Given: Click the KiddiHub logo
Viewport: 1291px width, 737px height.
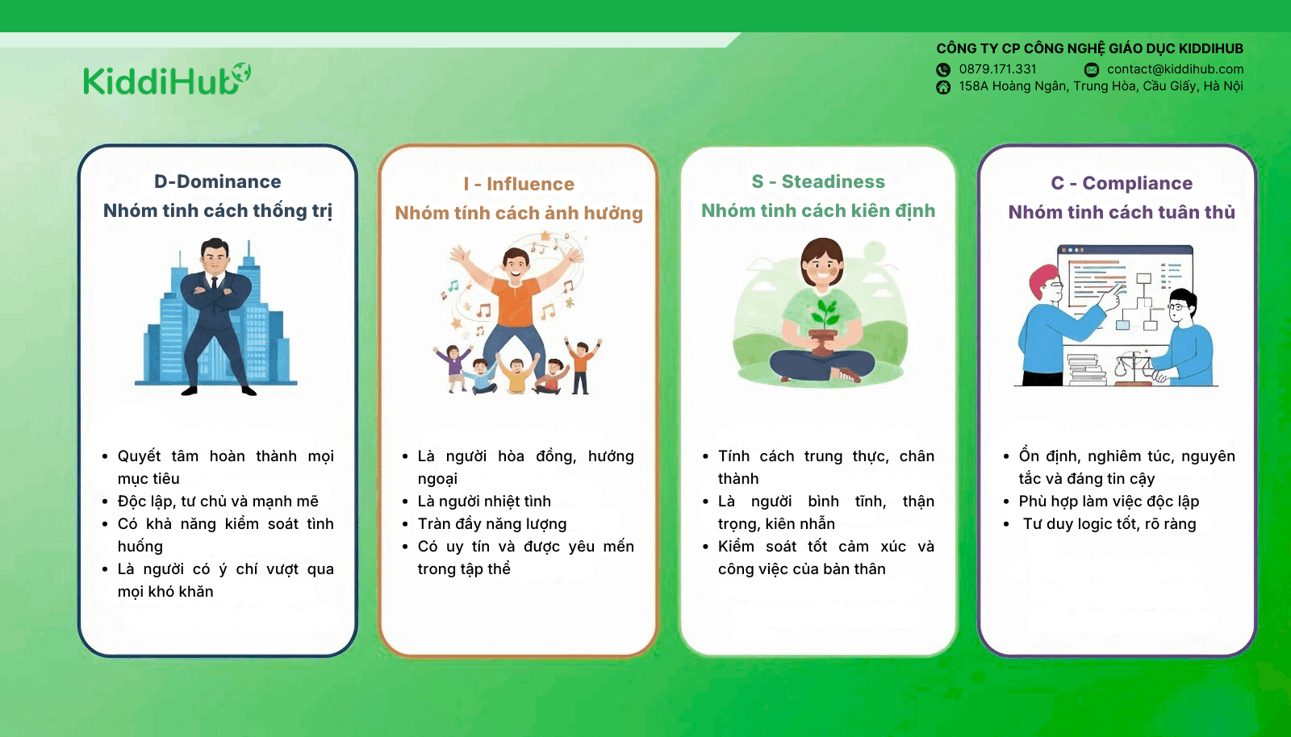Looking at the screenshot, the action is (x=167, y=79).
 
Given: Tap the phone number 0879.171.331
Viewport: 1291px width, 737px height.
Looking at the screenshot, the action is (x=997, y=69).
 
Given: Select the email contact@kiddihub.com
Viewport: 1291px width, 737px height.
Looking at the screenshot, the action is (x=1175, y=69).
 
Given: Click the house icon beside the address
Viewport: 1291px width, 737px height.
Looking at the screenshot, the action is (x=943, y=87).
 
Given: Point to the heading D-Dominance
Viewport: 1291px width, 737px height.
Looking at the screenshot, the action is (x=217, y=181).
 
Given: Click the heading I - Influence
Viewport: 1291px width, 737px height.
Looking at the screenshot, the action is (x=519, y=184).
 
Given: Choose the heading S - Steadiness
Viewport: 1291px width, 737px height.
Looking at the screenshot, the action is (x=818, y=181).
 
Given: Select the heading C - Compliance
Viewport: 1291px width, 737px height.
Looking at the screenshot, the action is (x=1121, y=182).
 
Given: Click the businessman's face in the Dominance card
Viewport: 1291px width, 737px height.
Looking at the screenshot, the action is (x=215, y=258).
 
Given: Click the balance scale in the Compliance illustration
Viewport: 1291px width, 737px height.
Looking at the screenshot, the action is (x=1132, y=369).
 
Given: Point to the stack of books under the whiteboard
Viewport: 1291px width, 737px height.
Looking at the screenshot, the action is (x=1086, y=369).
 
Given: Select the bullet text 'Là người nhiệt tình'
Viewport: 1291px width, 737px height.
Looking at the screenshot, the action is (x=484, y=501).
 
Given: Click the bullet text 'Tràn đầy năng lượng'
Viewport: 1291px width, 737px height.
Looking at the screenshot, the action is (x=492, y=524).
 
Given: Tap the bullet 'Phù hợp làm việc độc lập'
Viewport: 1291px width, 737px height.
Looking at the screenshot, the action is (x=1109, y=502).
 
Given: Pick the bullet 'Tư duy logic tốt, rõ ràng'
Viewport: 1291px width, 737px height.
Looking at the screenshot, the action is (x=1109, y=524).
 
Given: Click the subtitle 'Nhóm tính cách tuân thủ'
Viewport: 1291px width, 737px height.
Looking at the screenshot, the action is (x=1121, y=212).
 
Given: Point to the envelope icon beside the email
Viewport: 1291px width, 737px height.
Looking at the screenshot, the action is (x=1092, y=69).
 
